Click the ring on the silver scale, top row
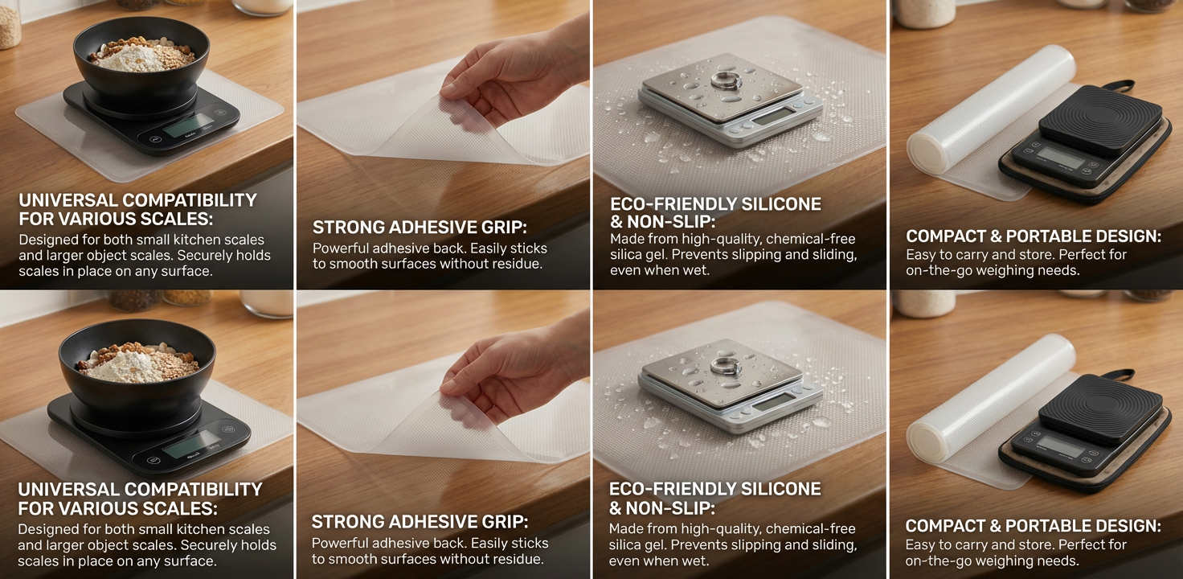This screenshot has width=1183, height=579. click(x=722, y=81)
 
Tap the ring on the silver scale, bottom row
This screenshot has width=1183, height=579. click(x=725, y=365)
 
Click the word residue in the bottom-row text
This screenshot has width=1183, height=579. click(x=516, y=560)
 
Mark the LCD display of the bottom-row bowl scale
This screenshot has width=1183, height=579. click(x=191, y=444)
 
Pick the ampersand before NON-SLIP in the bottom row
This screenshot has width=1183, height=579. click(x=616, y=509)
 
